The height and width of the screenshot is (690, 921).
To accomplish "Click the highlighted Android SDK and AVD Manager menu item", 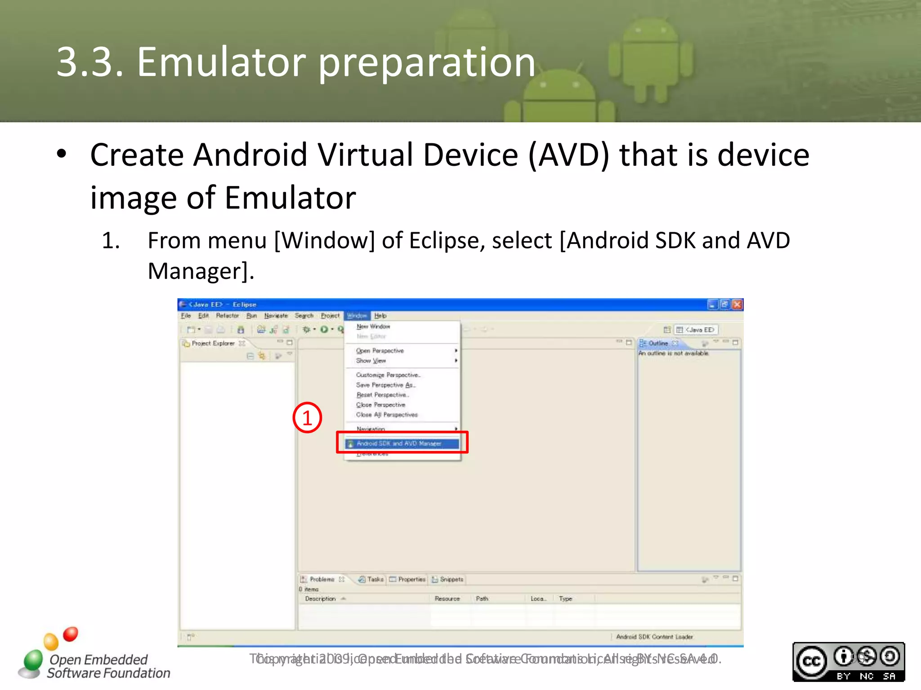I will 399,443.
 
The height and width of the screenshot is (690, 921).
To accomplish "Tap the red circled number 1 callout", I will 307,418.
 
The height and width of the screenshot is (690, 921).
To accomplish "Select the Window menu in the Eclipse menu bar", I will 357,316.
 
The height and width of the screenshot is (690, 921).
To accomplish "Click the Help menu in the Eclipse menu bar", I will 380,316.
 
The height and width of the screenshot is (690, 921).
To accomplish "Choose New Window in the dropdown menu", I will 373,327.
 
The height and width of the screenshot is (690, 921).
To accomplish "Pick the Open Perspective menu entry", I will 380,351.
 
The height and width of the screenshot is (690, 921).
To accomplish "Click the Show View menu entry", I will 371,361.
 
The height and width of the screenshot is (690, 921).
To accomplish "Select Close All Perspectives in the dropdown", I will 387,415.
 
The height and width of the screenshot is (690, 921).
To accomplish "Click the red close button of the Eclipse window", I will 737,305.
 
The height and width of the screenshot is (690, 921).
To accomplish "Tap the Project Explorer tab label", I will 213,343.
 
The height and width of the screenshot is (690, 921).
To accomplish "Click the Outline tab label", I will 658,343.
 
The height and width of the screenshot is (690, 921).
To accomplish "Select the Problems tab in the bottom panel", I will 322,579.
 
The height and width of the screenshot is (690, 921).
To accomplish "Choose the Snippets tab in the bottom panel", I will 451,579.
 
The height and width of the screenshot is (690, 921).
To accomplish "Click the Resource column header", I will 447,599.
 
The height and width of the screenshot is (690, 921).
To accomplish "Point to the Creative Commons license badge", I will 848,662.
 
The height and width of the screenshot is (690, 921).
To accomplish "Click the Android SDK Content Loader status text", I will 654,637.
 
